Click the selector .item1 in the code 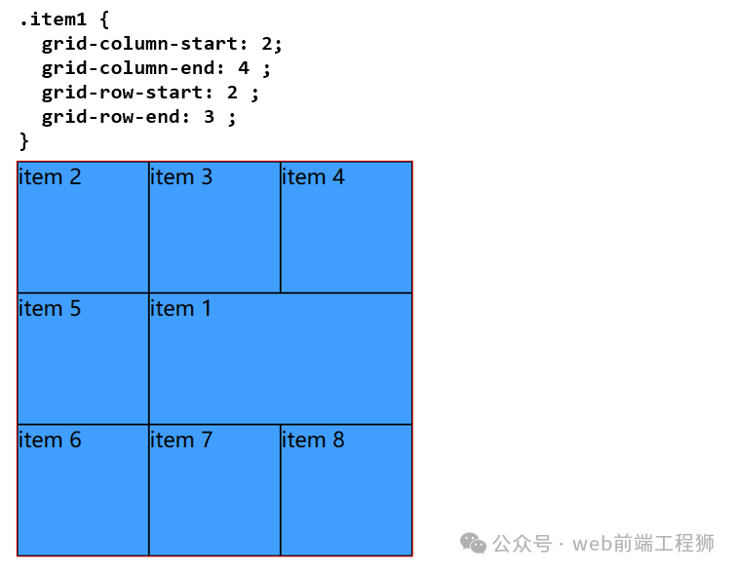click(54, 19)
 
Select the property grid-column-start click(140, 44)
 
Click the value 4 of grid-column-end click(244, 68)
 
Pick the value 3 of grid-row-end click(209, 117)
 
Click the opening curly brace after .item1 click(104, 19)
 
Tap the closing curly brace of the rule click(24, 141)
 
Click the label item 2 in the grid click(50, 177)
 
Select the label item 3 click(181, 177)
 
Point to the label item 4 click(313, 177)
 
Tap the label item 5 click(50, 309)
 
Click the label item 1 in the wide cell click(180, 309)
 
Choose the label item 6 click(50, 440)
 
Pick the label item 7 click(181, 440)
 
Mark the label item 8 click(313, 440)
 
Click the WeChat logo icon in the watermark click(473, 544)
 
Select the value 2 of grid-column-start click(267, 44)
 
